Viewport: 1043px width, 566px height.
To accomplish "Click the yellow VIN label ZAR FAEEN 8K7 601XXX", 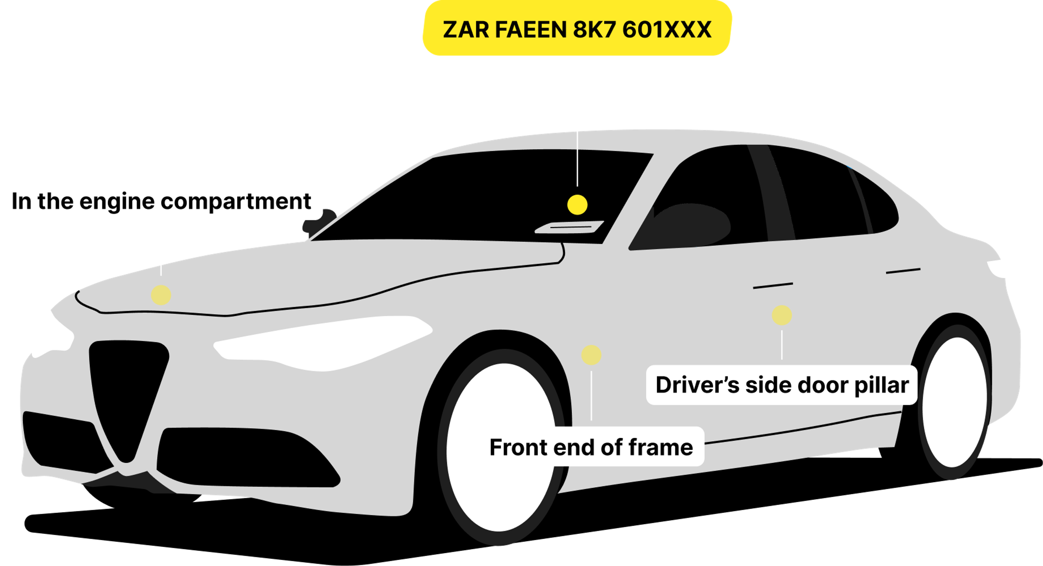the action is click(x=577, y=29).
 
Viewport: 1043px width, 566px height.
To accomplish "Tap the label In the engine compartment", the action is click(x=161, y=201).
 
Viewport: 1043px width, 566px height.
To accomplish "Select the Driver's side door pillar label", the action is click(x=781, y=385).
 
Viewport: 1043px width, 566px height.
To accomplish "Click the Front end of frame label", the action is click(x=591, y=447).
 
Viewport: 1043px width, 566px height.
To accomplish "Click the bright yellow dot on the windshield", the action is click(x=577, y=205).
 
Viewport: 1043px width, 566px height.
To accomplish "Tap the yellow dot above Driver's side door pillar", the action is click(x=781, y=315).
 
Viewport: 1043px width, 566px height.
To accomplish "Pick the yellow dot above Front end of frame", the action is click(x=591, y=355).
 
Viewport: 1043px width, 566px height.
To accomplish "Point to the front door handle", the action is click(x=772, y=286).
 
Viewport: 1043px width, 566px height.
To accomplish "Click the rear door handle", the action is click(x=903, y=271).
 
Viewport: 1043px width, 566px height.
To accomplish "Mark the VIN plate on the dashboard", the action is click(x=569, y=228).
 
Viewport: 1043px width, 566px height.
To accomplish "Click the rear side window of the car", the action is click(x=830, y=198).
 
